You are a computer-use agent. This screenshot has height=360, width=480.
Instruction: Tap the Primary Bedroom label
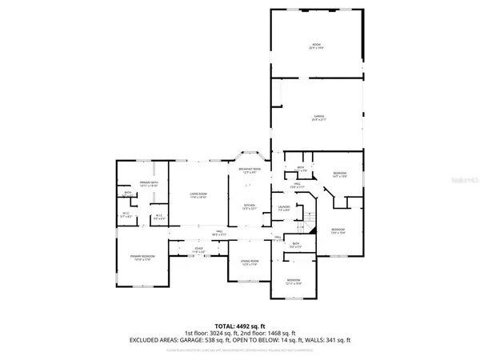point(142,256)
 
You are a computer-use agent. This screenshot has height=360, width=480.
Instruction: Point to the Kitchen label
point(249,206)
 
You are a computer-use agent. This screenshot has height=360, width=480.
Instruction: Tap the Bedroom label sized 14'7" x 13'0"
point(339,175)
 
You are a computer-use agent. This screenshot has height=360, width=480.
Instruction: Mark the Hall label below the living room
point(218,233)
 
